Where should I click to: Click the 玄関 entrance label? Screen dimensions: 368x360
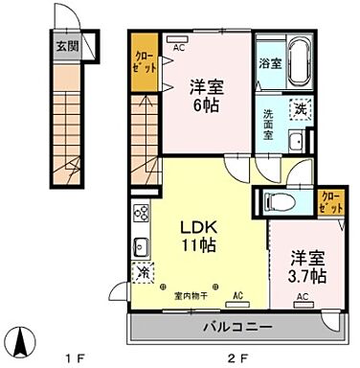(x=66, y=44)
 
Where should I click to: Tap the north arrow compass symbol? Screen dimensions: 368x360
(x=21, y=339)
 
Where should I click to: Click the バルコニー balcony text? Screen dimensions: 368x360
(x=236, y=325)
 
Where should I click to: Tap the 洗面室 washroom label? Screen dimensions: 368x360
(x=269, y=126)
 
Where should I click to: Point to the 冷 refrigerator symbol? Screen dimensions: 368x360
(x=142, y=274)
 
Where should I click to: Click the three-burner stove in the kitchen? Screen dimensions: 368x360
(x=139, y=215)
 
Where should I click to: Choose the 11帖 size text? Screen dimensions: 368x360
(x=201, y=246)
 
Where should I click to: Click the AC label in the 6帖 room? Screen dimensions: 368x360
(x=178, y=44)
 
